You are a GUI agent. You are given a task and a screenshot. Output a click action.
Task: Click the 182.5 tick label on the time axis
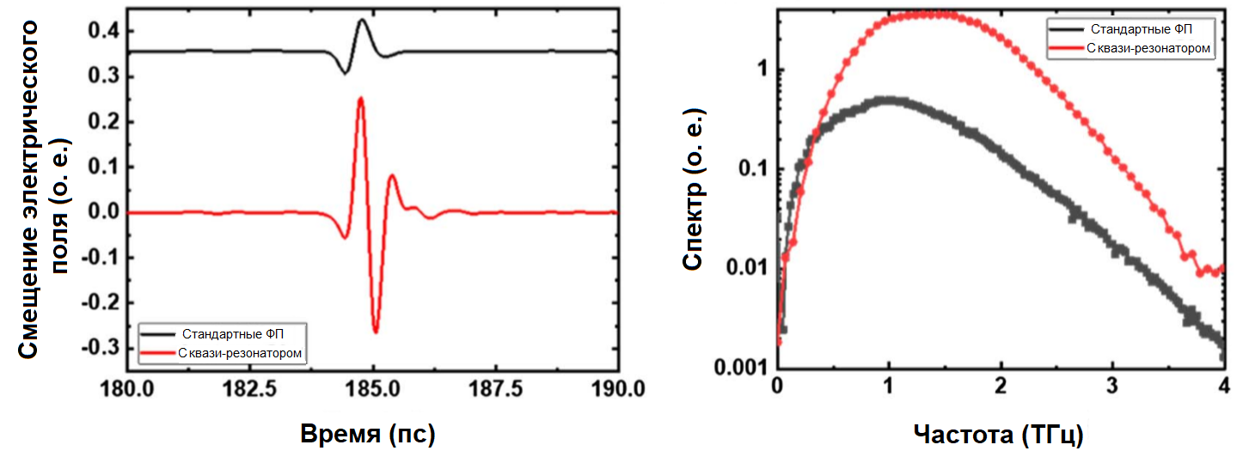[x=249, y=388]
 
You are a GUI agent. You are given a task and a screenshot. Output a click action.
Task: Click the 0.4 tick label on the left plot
[x=103, y=32]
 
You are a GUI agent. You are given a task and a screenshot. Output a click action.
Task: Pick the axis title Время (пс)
[x=368, y=435]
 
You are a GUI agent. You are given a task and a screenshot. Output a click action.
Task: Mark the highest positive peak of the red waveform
[x=360, y=98]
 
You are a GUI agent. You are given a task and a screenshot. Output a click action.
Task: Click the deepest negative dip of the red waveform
[x=376, y=332]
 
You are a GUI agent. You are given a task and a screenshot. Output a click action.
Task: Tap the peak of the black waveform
[x=362, y=19]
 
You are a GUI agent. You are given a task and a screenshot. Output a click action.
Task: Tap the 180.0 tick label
[x=127, y=388]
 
